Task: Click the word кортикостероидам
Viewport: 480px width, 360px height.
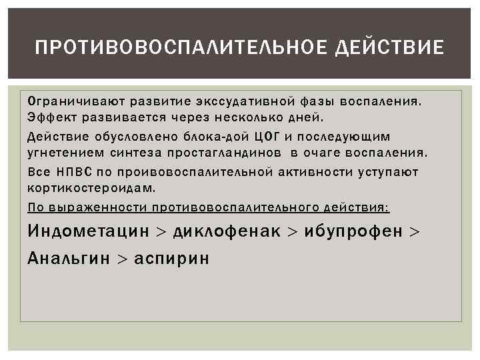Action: tap(91, 189)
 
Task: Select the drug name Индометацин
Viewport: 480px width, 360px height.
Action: tap(88, 231)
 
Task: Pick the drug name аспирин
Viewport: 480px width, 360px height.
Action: tap(171, 258)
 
